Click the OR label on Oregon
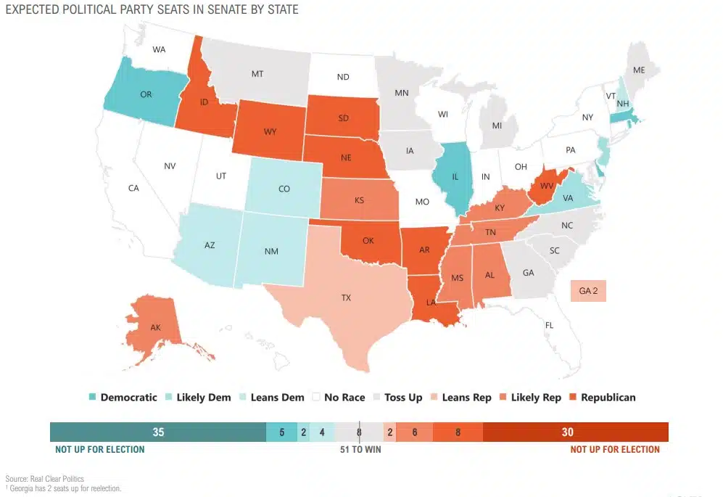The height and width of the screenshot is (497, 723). pyautogui.click(x=146, y=94)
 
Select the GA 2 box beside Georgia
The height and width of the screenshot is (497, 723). pyautogui.click(x=587, y=291)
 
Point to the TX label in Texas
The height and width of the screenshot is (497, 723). pyautogui.click(x=347, y=297)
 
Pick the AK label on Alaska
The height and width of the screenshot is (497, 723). pyautogui.click(x=155, y=328)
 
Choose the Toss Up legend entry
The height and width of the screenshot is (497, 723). pyautogui.click(x=397, y=397)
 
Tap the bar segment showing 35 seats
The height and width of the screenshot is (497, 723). pyautogui.click(x=158, y=432)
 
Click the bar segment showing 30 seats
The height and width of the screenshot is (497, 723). pyautogui.click(x=567, y=432)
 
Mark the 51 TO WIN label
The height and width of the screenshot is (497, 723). pyautogui.click(x=360, y=450)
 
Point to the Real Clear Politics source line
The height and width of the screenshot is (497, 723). pyautogui.click(x=45, y=479)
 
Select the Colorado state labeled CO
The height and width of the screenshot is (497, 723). pyautogui.click(x=284, y=189)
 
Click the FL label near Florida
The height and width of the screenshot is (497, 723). pyautogui.click(x=549, y=326)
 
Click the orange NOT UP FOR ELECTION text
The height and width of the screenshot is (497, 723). pyautogui.click(x=615, y=450)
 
